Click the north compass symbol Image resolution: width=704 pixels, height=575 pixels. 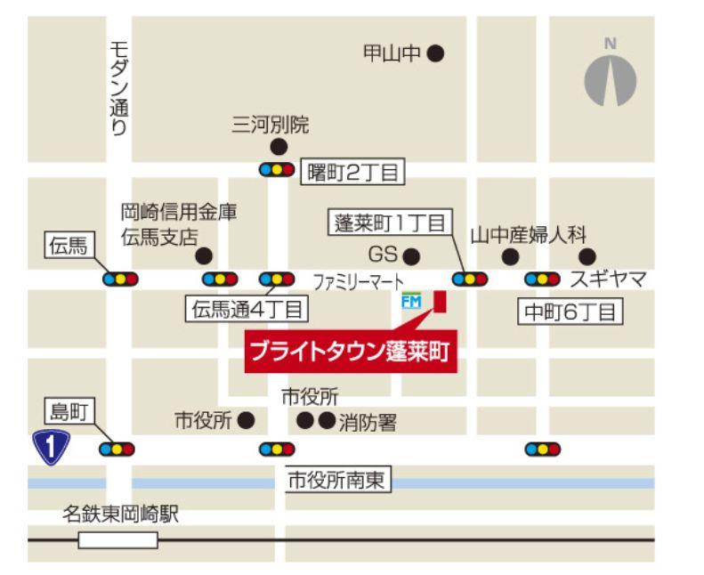click(610, 79)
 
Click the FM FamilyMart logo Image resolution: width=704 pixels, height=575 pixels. click(411, 302)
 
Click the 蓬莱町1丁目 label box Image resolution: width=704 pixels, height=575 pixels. click(388, 224)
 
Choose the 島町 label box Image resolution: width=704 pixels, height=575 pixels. click(69, 412)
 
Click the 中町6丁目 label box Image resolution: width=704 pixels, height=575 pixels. click(570, 312)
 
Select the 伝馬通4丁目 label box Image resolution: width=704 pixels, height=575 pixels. click(246, 310)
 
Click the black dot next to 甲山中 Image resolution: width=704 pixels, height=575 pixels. click(434, 54)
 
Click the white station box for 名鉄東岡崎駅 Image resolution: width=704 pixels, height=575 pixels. click(117, 539)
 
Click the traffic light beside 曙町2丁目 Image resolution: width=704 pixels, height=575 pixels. click(276, 168)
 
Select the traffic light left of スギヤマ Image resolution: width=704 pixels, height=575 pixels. click(542, 279)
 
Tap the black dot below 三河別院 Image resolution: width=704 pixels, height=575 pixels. click(279, 147)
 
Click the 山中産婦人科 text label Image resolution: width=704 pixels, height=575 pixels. click(529, 235)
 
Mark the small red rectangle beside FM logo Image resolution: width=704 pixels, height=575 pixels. click(439, 302)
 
